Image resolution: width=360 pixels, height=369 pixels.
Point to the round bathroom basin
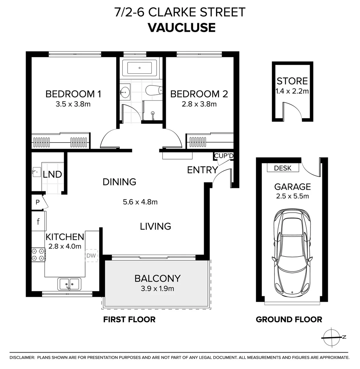[125, 91]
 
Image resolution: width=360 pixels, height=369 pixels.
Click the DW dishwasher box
[91, 255]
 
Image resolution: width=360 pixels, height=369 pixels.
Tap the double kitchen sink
[70, 284]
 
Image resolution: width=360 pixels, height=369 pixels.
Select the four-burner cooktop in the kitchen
[38, 255]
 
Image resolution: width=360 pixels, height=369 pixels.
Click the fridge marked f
[38, 221]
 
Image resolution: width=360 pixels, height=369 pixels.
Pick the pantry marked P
[38, 202]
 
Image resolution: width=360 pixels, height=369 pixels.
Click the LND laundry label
[52, 175]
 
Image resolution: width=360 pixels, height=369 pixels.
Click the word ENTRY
[202, 170]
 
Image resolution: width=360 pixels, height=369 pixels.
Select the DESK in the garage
[283, 168]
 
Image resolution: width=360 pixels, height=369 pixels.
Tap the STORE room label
[292, 81]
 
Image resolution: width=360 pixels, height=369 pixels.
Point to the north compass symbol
[333, 337]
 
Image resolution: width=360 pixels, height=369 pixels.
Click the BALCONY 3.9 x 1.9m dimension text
[157, 289]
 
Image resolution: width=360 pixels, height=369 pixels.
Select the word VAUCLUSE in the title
[182, 27]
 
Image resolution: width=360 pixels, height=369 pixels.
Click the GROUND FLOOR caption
[289, 319]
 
